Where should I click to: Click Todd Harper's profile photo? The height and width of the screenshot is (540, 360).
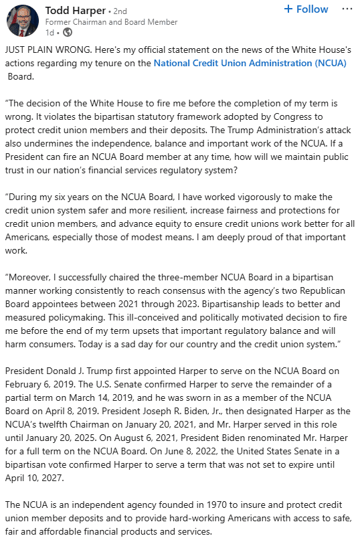(x=23, y=20)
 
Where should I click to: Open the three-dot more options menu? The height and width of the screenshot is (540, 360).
(x=347, y=9)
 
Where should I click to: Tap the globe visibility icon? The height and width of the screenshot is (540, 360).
(x=67, y=32)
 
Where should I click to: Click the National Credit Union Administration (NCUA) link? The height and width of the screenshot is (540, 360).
(x=250, y=63)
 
